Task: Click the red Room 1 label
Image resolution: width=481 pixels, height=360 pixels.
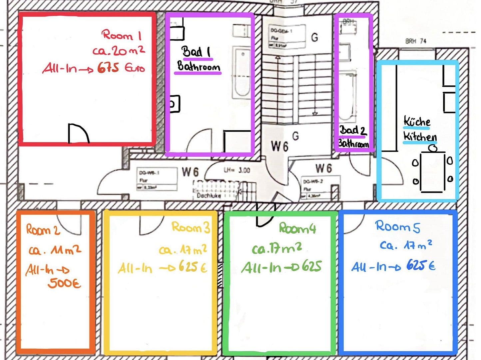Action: click(122, 35)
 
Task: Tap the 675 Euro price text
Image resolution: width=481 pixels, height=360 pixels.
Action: click(121, 68)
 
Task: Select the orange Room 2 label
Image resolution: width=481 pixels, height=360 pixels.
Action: click(43, 230)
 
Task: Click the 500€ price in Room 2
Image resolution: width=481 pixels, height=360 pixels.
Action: click(64, 283)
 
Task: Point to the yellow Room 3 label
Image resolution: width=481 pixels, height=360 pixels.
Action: click(191, 228)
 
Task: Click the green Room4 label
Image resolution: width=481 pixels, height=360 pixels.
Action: click(297, 228)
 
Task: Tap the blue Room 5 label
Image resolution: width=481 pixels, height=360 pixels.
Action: click(398, 227)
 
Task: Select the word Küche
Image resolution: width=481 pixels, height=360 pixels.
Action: click(417, 122)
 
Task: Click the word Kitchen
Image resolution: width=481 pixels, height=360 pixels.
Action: click(420, 137)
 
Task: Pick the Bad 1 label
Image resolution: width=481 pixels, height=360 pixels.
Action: click(196, 52)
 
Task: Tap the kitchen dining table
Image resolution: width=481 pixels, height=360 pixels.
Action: click(433, 172)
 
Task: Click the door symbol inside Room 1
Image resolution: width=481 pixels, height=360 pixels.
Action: click(78, 133)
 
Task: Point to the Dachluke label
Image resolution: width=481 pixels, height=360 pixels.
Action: click(208, 196)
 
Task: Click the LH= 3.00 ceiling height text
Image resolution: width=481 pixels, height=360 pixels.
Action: click(237, 170)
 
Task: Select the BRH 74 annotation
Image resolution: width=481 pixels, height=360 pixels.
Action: click(416, 41)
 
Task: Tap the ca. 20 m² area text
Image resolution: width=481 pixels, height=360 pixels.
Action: click(119, 51)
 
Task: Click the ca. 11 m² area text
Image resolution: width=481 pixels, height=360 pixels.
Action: click(55, 250)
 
